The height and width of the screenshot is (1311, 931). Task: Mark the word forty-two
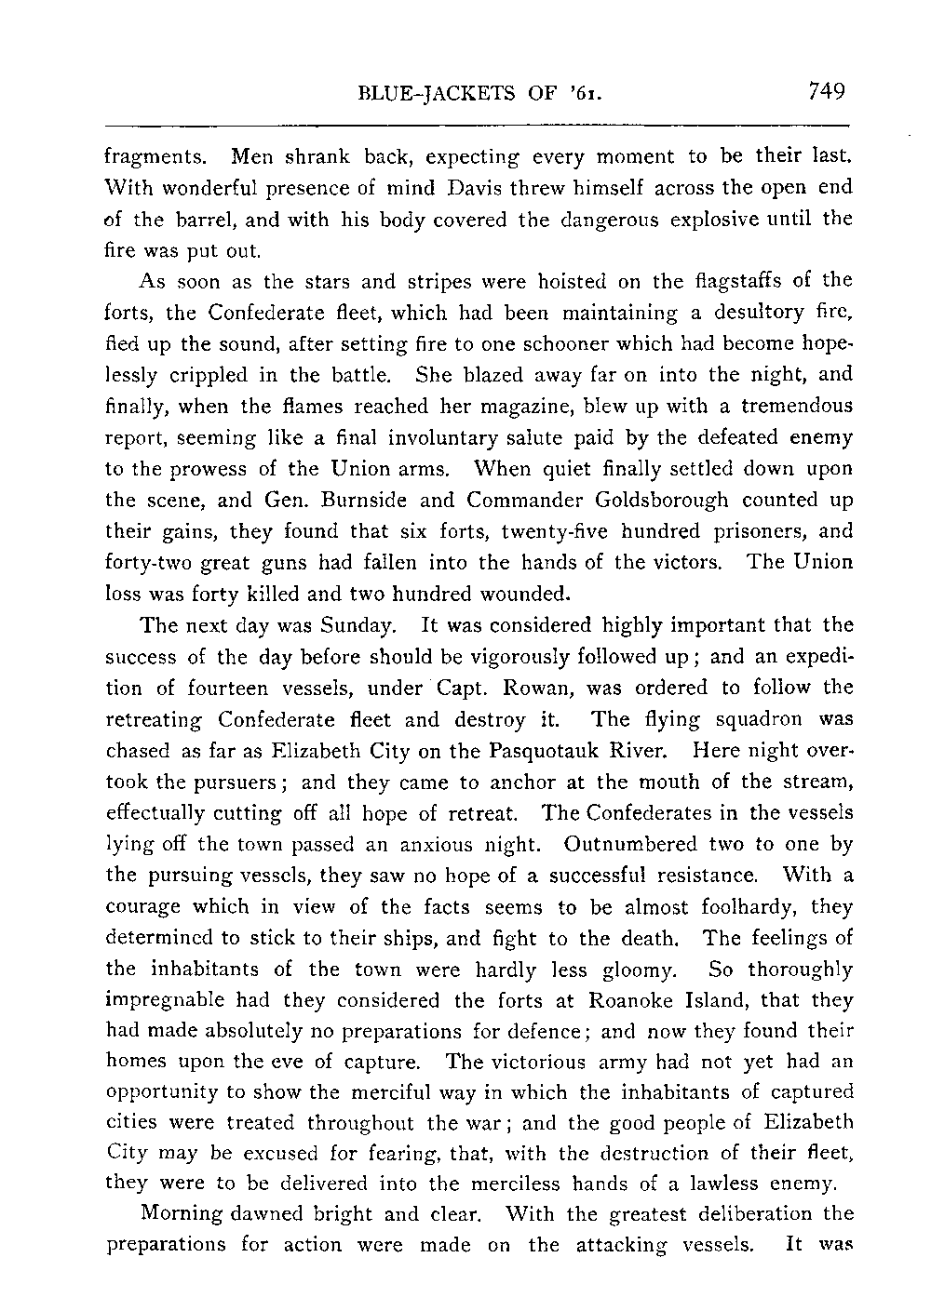(x=148, y=563)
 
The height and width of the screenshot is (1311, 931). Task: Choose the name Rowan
(x=560, y=688)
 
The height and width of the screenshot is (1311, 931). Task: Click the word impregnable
(x=164, y=1002)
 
